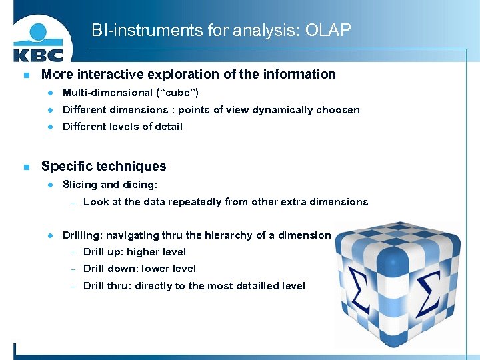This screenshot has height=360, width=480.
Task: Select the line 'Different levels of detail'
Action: pos(122,127)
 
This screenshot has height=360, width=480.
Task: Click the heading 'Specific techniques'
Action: pos(103,166)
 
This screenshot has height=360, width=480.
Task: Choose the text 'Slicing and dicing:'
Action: pos(109,185)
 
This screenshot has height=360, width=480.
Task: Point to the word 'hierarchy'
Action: pos(229,235)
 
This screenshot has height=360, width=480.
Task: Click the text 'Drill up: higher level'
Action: pos(134,252)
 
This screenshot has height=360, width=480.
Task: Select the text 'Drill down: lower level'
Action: pos(139,269)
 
